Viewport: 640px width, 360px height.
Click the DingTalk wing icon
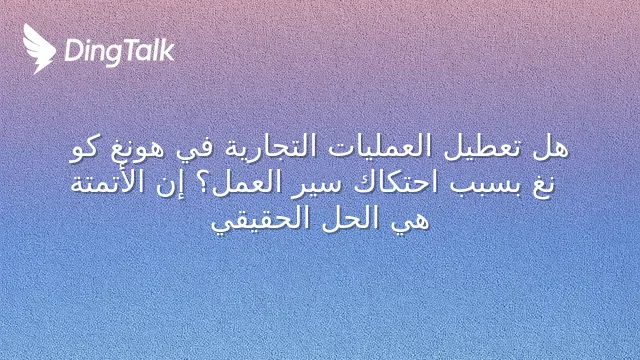(39, 49)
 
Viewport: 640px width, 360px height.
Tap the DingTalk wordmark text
(120, 51)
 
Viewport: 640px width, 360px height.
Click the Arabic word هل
(551, 147)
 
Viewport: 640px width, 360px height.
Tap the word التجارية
(270, 147)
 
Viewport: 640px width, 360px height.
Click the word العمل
(245, 183)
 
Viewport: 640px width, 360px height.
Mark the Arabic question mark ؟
(204, 184)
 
